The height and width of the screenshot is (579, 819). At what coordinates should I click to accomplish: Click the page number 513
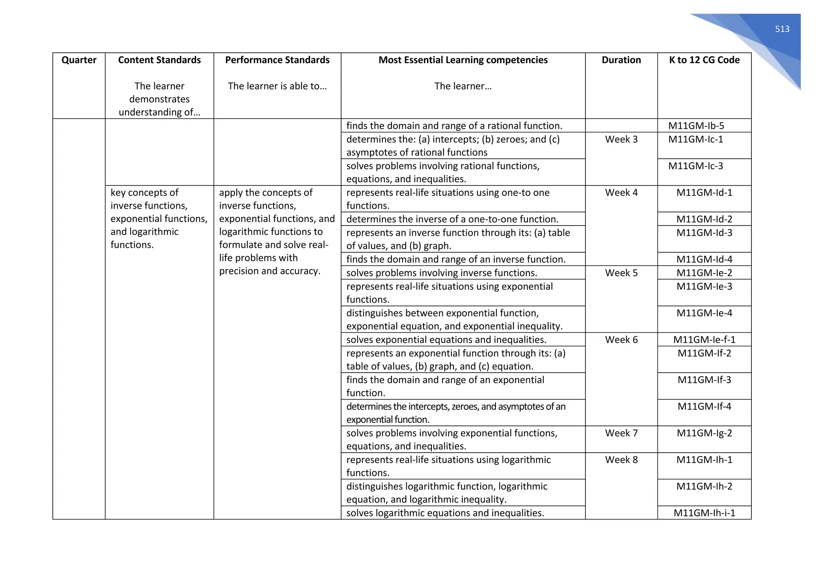(x=782, y=29)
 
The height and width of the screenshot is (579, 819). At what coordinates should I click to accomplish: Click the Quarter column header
(x=79, y=60)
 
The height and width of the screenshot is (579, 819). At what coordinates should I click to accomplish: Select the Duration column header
(x=621, y=60)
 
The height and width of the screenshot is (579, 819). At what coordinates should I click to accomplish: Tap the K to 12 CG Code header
(x=704, y=60)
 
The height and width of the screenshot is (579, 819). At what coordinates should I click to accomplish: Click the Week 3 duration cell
(x=621, y=140)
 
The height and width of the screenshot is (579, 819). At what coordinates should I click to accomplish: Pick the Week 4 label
(x=621, y=193)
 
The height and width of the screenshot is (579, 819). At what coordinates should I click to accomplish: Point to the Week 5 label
(x=621, y=273)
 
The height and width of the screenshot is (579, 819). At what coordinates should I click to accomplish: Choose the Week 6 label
(x=621, y=340)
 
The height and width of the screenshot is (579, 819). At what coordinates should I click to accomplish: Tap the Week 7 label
(x=621, y=433)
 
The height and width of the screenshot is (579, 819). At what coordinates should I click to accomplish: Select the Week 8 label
(x=621, y=460)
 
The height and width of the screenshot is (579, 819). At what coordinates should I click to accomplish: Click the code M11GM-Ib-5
(x=696, y=126)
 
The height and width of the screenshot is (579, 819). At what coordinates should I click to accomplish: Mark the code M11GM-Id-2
(x=704, y=219)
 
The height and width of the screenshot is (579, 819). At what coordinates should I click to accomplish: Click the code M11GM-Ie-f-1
(x=704, y=340)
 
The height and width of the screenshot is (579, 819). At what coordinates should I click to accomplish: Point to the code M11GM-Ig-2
(x=704, y=433)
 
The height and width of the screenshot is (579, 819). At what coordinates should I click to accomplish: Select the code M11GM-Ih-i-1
(x=704, y=513)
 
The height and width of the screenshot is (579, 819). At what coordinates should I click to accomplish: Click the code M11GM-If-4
(x=704, y=407)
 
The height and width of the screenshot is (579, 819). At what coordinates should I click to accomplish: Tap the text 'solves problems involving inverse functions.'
(x=441, y=273)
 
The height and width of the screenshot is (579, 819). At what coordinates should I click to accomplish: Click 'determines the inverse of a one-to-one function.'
(x=452, y=219)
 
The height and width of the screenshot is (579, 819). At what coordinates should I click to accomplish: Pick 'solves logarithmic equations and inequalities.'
(x=445, y=513)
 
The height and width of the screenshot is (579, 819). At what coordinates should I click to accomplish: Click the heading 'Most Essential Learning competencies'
(x=463, y=60)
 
